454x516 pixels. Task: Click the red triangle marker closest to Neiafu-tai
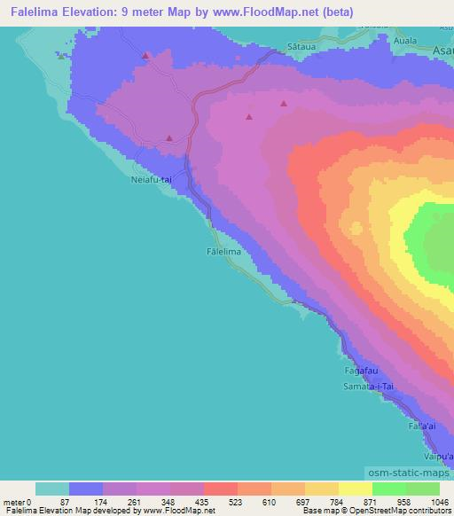[x=169, y=138]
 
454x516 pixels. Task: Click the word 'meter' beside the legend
[x=15, y=501]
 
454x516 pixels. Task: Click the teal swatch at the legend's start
[x=52, y=489]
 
